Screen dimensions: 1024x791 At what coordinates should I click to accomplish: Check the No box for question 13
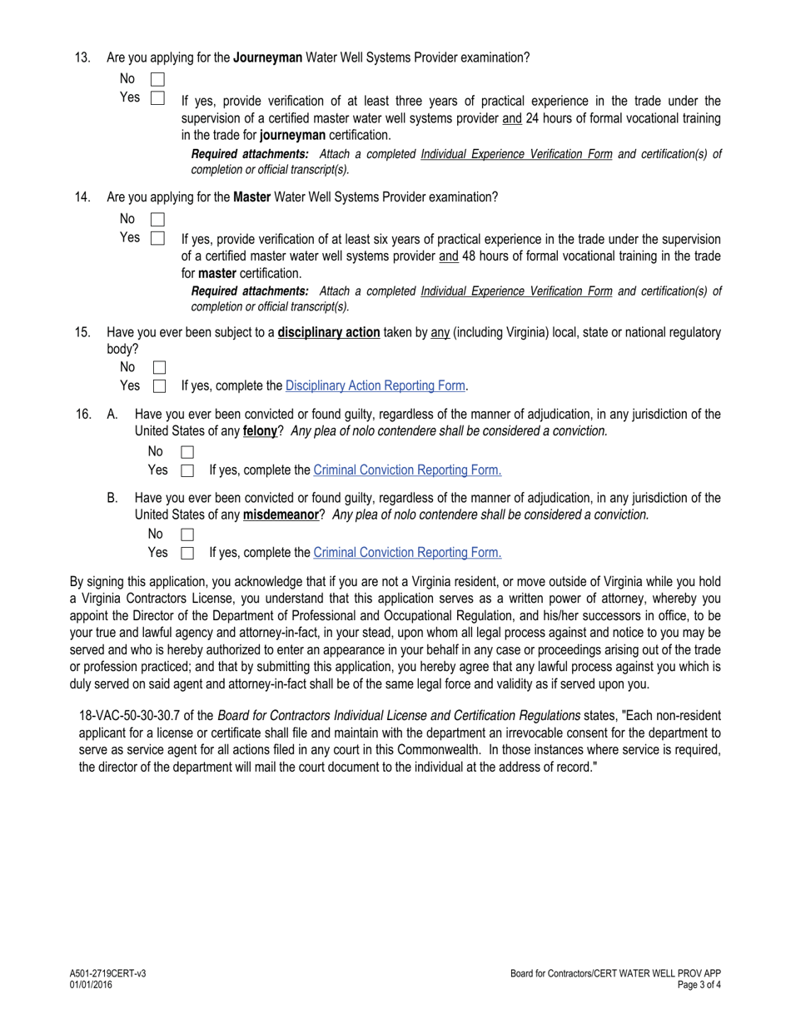click(157, 80)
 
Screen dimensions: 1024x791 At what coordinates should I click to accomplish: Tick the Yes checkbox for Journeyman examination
click(157, 98)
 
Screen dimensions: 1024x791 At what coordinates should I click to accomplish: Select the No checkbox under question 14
click(157, 220)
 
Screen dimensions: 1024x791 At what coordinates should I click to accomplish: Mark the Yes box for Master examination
click(157, 238)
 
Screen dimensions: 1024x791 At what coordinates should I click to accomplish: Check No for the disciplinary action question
click(160, 367)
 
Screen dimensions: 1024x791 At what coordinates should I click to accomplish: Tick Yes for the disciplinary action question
click(160, 386)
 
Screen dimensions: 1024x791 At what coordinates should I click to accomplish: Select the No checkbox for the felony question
click(187, 452)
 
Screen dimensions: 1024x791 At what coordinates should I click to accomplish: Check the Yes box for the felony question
click(187, 470)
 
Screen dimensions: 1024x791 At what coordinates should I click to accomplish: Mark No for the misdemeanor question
click(187, 534)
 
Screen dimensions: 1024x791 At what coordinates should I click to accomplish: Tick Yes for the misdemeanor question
click(187, 553)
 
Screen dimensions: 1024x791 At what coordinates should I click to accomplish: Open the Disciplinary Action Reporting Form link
click(375, 385)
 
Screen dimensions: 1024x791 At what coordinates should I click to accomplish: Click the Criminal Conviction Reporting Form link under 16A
click(407, 470)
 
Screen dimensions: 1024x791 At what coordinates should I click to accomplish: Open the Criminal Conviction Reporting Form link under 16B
click(407, 552)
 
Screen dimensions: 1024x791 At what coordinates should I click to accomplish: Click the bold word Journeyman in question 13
click(267, 57)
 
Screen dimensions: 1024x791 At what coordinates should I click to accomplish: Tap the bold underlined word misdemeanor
click(281, 514)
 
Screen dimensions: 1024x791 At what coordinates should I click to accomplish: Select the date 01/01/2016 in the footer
click(91, 985)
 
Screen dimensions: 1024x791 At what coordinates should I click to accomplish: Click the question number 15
click(82, 332)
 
